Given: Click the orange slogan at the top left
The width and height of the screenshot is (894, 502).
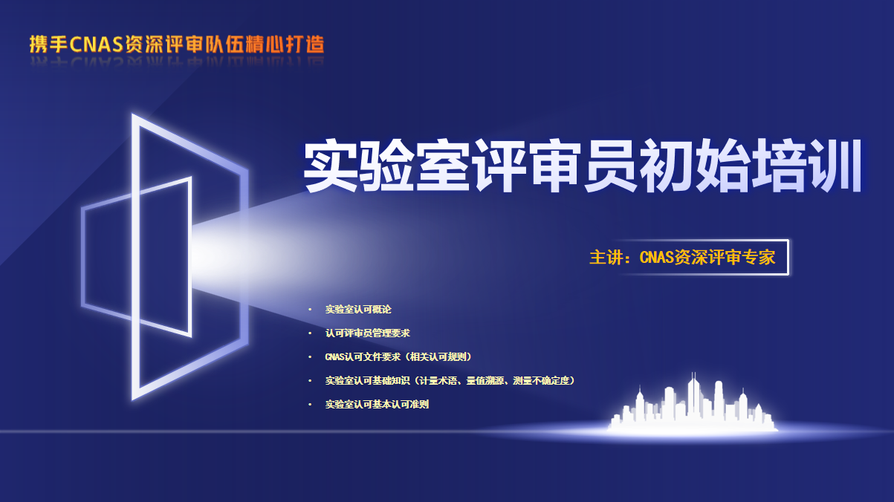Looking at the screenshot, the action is (177, 45).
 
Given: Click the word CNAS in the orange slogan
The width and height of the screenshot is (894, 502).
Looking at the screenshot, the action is (97, 45).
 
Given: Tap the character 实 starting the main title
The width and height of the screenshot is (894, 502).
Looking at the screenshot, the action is (331, 166).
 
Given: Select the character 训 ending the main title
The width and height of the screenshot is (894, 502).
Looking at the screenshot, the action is (835, 166).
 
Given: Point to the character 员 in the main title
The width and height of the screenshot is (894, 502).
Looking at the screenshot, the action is (611, 166).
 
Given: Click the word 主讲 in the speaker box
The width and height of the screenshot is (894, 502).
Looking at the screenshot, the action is (606, 257).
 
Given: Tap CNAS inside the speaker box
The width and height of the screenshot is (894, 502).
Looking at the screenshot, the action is (656, 257).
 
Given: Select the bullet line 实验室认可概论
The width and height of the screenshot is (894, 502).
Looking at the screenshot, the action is (358, 310).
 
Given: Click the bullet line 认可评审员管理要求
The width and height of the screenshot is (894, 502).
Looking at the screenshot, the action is (368, 333).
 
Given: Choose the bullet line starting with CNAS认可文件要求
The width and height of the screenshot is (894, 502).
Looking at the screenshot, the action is (398, 357).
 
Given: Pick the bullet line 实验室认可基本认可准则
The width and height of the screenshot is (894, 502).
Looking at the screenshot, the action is (377, 404).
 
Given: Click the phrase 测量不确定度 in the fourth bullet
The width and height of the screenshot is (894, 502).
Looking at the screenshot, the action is (544, 381).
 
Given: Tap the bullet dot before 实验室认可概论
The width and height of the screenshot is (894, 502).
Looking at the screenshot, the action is (310, 310).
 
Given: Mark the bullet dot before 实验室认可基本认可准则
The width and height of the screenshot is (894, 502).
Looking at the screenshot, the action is (310, 404).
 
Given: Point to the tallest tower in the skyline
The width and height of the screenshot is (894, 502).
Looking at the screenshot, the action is (693, 399).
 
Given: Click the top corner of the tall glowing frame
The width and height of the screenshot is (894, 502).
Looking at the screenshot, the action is (133, 115).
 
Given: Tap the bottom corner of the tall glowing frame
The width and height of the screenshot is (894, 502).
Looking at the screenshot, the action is (134, 399).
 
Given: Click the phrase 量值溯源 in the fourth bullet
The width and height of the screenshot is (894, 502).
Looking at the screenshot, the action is (485, 381).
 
